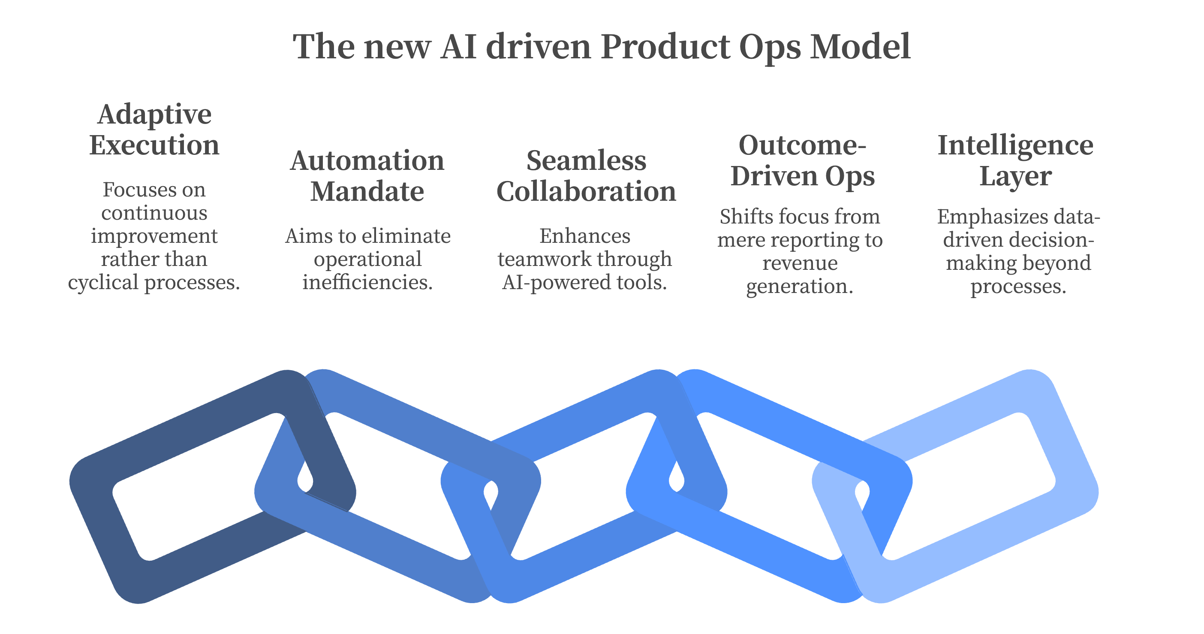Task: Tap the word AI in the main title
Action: pyautogui.click(x=458, y=47)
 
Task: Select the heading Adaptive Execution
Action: pyautogui.click(x=154, y=130)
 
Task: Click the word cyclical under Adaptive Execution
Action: pyautogui.click(x=104, y=282)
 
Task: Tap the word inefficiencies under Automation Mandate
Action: pyautogui.click(x=367, y=282)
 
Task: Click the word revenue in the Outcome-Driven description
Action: pyautogui.click(x=800, y=263)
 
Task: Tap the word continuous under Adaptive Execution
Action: pyautogui.click(x=154, y=213)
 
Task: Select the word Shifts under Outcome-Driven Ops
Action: pyautogui.click(x=739, y=217)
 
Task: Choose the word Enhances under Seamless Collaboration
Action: pyautogui.click(x=585, y=236)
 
